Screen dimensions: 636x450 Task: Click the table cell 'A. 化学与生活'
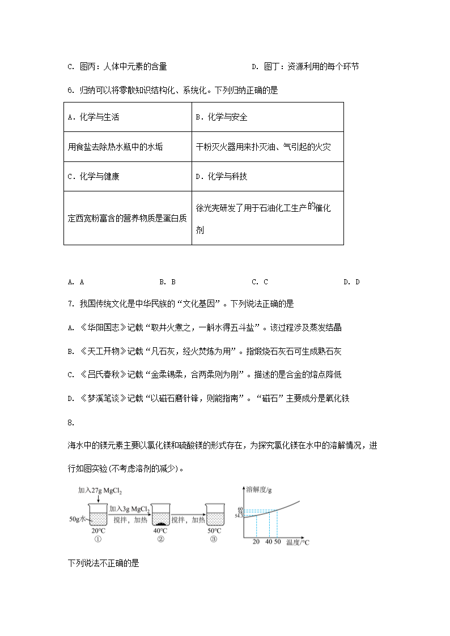(x=93, y=117)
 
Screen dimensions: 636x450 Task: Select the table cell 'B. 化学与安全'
(x=221, y=117)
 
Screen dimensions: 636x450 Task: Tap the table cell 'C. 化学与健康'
(x=93, y=176)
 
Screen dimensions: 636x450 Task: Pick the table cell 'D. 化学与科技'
(x=221, y=176)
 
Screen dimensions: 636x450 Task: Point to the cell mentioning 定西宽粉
(x=127, y=219)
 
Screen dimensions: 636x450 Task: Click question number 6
(x=70, y=90)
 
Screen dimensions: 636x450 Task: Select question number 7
(x=70, y=304)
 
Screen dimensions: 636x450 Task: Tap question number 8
(x=70, y=422)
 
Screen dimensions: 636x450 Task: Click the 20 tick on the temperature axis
(x=257, y=543)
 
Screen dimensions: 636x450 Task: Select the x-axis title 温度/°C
(x=298, y=543)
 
